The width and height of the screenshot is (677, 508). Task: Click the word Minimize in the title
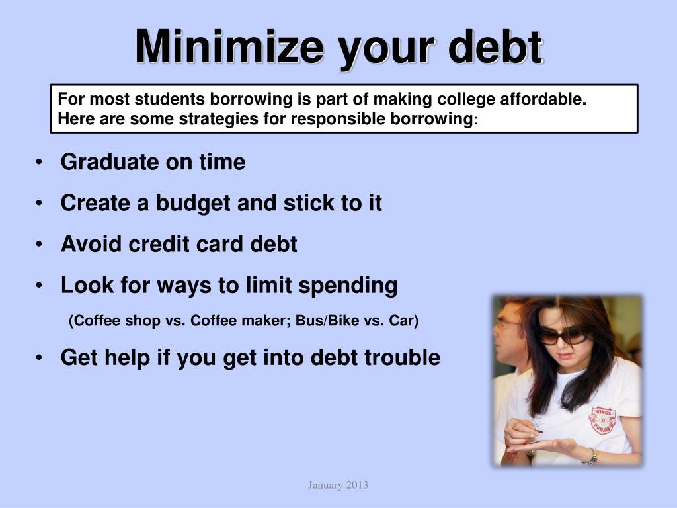click(x=229, y=47)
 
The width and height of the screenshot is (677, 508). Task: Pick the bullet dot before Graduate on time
click(x=40, y=162)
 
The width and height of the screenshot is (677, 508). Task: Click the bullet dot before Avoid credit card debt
click(x=40, y=245)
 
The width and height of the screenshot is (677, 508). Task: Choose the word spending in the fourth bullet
click(x=348, y=286)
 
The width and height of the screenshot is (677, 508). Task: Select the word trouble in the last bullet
click(x=403, y=357)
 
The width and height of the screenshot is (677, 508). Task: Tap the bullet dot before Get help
click(x=40, y=358)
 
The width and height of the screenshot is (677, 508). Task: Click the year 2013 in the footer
click(x=357, y=486)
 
